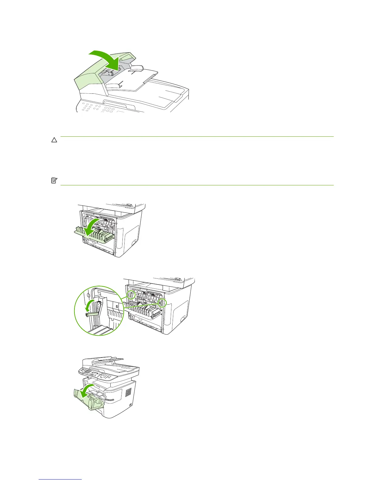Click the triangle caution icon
coord(54,140)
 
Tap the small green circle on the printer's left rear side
coord(131,294)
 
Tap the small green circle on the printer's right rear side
coord(162,302)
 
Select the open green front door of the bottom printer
coord(88,402)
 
